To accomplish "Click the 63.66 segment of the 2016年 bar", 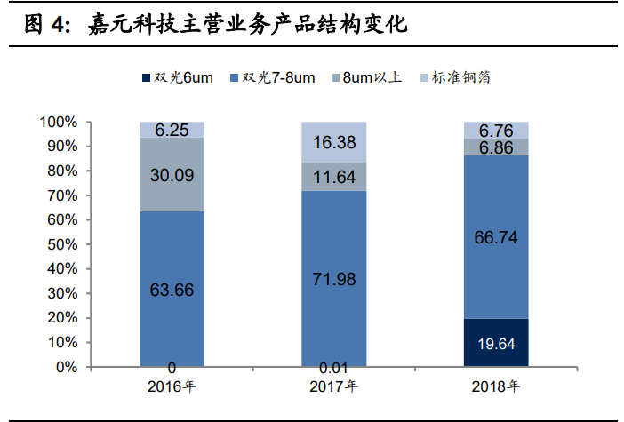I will (x=172, y=289).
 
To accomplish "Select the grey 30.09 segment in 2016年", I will (x=172, y=174).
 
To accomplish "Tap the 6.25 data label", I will (x=172, y=130).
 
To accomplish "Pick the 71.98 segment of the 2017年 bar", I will (x=333, y=279).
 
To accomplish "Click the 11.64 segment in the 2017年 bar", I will (x=333, y=177).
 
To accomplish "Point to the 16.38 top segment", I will (x=333, y=142).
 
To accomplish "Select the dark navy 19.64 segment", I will (x=496, y=342).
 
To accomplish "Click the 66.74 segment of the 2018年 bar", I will (x=496, y=237).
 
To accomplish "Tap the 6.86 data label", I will (x=496, y=147).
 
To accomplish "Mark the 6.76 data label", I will (x=496, y=131).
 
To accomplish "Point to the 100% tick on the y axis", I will (x=60, y=122).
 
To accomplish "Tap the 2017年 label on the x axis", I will (x=333, y=386).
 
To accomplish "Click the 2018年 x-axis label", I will (x=496, y=386).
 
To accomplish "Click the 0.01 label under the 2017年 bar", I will (x=333, y=368).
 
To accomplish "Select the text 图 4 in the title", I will (x=45, y=25).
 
